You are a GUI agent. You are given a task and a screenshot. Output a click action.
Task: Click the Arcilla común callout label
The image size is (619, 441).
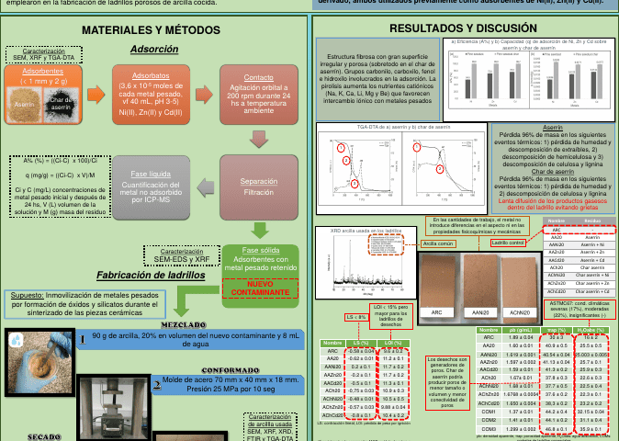coord(440,244)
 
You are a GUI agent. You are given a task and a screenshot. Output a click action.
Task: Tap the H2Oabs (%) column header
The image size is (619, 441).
coord(592,328)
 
